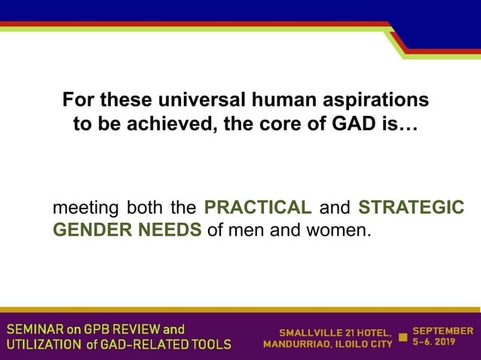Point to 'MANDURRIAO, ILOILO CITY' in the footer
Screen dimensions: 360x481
pos(327,345)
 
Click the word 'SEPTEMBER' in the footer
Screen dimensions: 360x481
pos(443,331)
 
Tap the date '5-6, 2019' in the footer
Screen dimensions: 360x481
pos(434,343)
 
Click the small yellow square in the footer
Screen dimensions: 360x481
pos(403,337)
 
